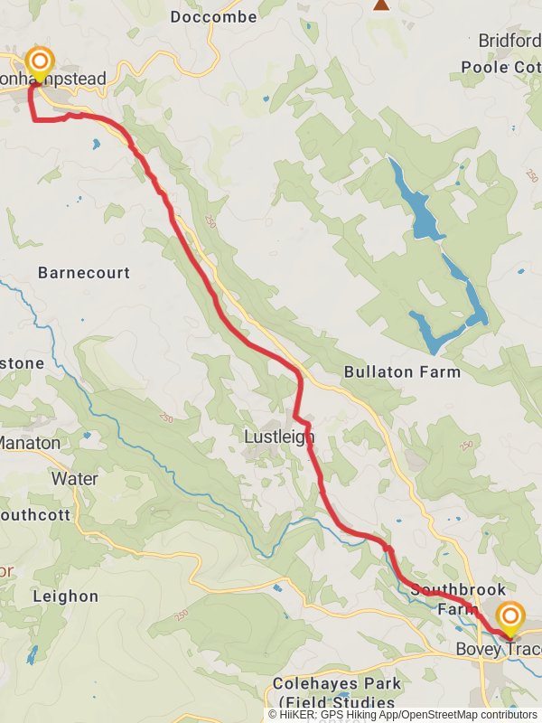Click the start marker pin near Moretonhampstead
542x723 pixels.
[40, 64]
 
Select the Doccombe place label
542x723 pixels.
[213, 16]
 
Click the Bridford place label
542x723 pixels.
[509, 42]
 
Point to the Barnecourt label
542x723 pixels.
[84, 272]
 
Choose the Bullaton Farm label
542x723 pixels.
[402, 371]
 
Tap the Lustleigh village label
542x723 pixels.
[279, 437]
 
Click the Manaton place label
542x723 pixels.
[30, 443]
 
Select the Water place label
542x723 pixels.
[74, 478]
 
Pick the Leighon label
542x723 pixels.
[65, 596]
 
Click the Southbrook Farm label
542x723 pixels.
[457, 599]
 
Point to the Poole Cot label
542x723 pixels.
[500, 67]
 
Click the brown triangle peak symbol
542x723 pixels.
[381, 5]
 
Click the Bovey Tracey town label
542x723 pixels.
[498, 649]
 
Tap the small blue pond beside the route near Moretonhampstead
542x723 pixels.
[95, 143]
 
